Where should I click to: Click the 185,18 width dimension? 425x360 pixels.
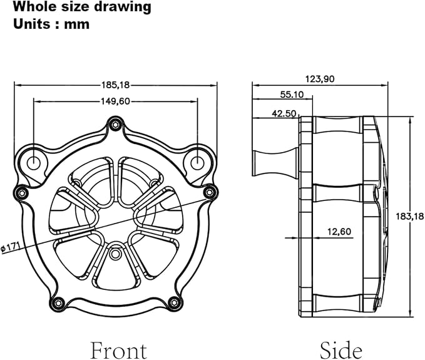(x=116, y=85)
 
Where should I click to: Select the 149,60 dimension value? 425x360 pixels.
(x=115, y=101)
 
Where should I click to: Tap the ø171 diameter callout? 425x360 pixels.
(x=11, y=247)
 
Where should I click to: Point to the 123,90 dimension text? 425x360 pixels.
(x=320, y=79)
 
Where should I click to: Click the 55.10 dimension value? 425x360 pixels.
(x=292, y=95)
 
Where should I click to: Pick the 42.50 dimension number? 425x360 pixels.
(x=284, y=113)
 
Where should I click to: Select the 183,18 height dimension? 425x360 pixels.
(x=410, y=217)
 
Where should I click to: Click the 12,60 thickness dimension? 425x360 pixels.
(x=339, y=232)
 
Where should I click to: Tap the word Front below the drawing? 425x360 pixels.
(x=118, y=350)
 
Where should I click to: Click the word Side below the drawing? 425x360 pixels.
(x=341, y=350)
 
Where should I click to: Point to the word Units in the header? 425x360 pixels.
(x=32, y=24)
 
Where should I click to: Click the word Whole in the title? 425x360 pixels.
(x=35, y=7)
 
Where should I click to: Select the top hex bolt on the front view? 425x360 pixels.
(x=115, y=125)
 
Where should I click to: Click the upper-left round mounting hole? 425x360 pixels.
(x=34, y=163)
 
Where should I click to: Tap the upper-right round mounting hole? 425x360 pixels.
(x=197, y=163)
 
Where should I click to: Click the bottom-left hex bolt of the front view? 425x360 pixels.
(x=58, y=302)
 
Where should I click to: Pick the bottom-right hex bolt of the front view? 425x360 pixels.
(x=174, y=302)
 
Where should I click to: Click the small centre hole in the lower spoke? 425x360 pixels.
(x=115, y=254)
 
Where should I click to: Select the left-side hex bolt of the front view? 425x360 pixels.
(x=22, y=193)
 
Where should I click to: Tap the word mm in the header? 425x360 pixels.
(x=77, y=24)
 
